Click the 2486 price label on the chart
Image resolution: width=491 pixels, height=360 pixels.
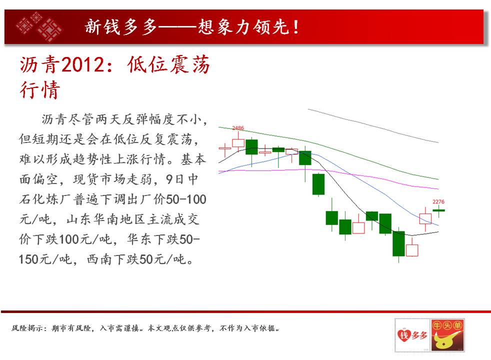coord(238,127)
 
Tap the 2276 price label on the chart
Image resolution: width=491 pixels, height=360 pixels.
coord(438,201)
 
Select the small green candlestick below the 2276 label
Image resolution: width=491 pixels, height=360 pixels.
coord(438,210)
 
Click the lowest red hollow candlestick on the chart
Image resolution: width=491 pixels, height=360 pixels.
coord(412,249)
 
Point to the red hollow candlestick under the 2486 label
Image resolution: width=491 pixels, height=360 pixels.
coord(238,142)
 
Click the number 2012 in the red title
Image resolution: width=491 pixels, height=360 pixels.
coord(82,64)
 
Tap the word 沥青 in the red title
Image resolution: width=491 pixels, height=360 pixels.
coord(40,64)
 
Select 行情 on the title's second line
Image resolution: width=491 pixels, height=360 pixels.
coord(40,89)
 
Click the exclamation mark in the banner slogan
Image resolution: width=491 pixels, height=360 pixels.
coord(296,27)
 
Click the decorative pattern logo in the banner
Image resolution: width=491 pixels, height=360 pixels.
coord(39,26)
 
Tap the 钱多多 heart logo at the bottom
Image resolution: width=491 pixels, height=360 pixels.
coord(412,335)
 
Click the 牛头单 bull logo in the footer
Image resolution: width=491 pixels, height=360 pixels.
coord(447,335)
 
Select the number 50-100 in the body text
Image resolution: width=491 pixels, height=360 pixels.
coord(186,199)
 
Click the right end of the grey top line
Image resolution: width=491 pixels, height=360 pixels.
coord(438,142)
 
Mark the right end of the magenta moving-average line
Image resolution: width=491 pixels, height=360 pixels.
coord(438,189)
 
